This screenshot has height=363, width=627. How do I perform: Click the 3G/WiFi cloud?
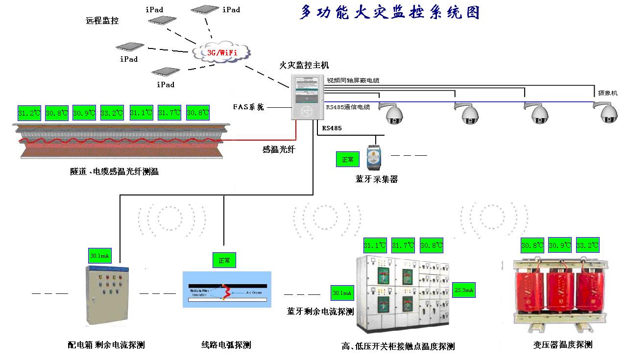click(221, 51)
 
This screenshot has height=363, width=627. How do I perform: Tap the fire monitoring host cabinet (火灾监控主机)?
click(308, 97)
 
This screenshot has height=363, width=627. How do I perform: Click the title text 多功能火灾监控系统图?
click(389, 13)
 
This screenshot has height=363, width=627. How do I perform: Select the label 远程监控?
click(102, 21)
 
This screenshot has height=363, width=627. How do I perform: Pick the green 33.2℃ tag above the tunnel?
click(112, 113)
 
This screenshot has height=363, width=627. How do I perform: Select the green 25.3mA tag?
click(463, 290)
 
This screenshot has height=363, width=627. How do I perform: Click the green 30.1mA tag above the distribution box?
click(99, 256)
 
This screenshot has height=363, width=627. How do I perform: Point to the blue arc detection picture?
click(227, 290)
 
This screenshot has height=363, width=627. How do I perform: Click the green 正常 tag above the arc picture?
click(224, 260)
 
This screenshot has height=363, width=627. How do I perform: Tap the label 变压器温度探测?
click(562, 345)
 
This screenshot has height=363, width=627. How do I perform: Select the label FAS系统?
click(248, 107)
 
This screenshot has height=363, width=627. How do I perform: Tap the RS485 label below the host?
click(332, 128)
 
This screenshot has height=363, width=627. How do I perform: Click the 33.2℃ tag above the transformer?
click(587, 245)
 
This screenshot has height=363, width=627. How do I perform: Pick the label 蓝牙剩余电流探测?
click(320, 312)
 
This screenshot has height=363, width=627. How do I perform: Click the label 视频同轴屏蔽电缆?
click(353, 80)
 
